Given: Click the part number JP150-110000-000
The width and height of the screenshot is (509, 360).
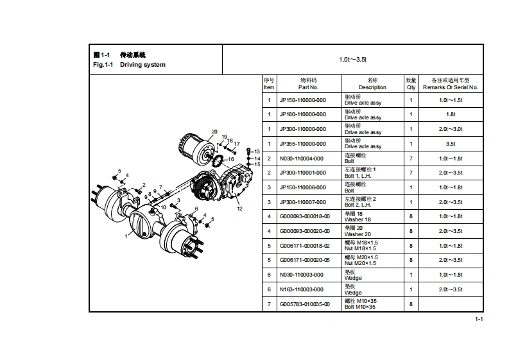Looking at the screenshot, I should (x=302, y=101).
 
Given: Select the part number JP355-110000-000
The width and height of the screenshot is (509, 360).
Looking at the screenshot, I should (x=302, y=144).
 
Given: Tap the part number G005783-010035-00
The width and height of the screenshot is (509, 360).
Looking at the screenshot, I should (x=304, y=304).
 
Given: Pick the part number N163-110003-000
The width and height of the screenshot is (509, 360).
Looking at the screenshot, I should (x=302, y=289).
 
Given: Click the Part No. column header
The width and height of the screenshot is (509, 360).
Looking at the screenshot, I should (x=308, y=83).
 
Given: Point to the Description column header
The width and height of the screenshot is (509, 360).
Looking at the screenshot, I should (x=372, y=83).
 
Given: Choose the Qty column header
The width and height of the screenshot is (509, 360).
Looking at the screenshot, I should (x=411, y=83).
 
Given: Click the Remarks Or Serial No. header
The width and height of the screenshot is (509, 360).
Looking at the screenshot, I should (x=451, y=83).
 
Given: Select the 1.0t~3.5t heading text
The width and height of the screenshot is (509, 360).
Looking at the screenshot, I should (x=352, y=60).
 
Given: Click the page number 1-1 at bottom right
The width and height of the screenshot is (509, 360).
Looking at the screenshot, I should (x=479, y=319).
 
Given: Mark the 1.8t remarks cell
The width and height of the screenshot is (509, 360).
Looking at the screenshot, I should (x=451, y=115).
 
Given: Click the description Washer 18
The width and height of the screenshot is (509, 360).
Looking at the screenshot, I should (x=358, y=219).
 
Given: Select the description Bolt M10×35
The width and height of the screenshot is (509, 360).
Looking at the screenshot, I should (x=359, y=307).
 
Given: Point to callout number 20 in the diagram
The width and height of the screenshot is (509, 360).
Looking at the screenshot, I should (x=214, y=132).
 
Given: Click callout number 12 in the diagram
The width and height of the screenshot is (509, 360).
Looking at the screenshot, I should (x=239, y=209).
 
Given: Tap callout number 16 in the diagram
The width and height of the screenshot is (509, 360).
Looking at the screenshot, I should (x=231, y=159).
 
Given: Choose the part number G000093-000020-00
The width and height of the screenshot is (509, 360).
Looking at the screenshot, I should (x=304, y=231).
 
